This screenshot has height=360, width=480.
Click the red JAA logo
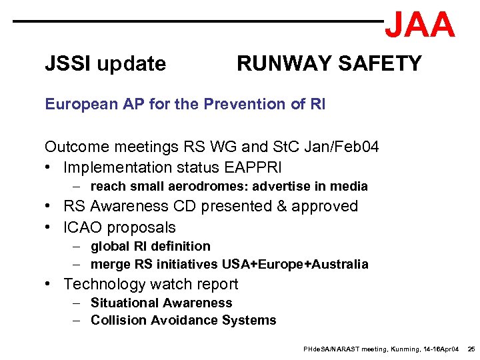click(419, 25)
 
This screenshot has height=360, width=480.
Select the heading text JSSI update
click(105, 64)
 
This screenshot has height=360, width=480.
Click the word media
click(350, 187)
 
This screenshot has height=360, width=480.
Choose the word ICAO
click(83, 227)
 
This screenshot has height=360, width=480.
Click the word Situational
click(126, 303)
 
